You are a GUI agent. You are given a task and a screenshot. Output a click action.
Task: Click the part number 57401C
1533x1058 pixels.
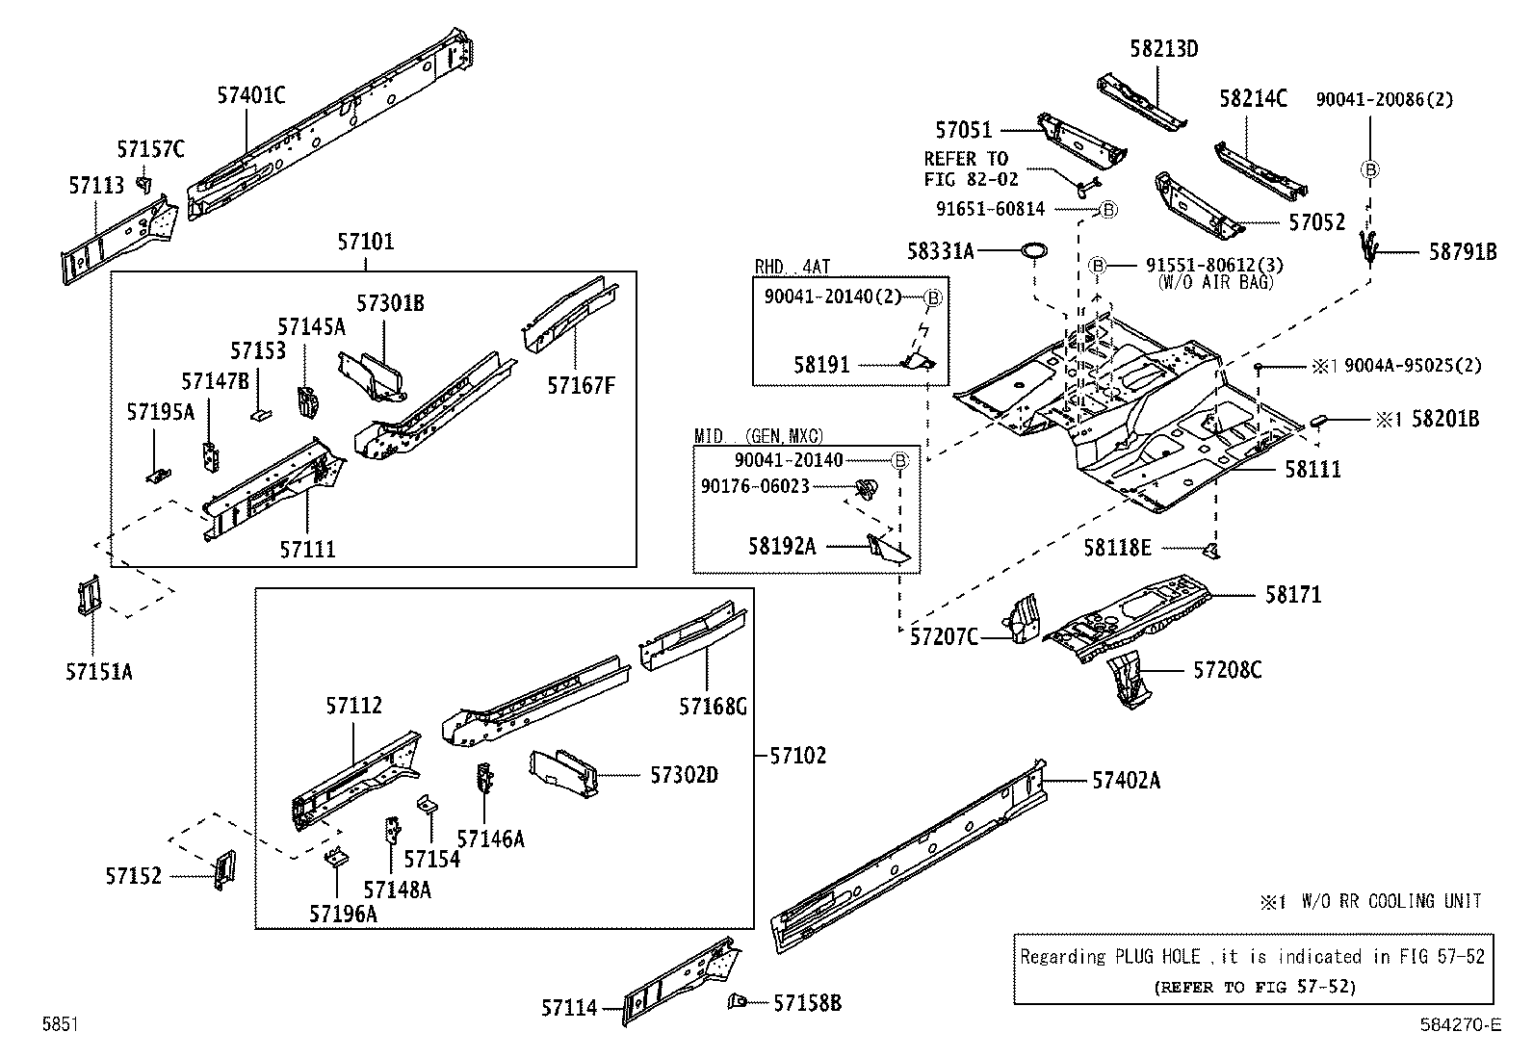pyautogui.click(x=250, y=95)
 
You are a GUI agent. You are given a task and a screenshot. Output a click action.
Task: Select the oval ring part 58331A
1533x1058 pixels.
pyautogui.click(x=1033, y=252)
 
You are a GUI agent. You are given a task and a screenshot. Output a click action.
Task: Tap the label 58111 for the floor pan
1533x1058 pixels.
pyautogui.click(x=1312, y=469)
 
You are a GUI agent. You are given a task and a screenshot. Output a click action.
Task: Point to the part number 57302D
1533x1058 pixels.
pyautogui.click(x=684, y=775)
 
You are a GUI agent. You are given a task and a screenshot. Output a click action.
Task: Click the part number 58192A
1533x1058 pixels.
pyautogui.click(x=781, y=546)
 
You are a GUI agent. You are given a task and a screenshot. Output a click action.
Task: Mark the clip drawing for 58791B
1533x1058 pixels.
pyautogui.click(x=1367, y=247)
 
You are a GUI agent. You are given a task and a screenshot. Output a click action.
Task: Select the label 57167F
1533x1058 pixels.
pyautogui.click(x=581, y=385)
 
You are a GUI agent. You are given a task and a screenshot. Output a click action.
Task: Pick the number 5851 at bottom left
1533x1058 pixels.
pyautogui.click(x=60, y=1025)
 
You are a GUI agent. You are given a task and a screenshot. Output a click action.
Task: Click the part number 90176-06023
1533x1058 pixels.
pyautogui.click(x=755, y=486)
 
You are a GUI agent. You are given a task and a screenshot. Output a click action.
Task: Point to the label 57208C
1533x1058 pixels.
pyautogui.click(x=1227, y=670)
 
